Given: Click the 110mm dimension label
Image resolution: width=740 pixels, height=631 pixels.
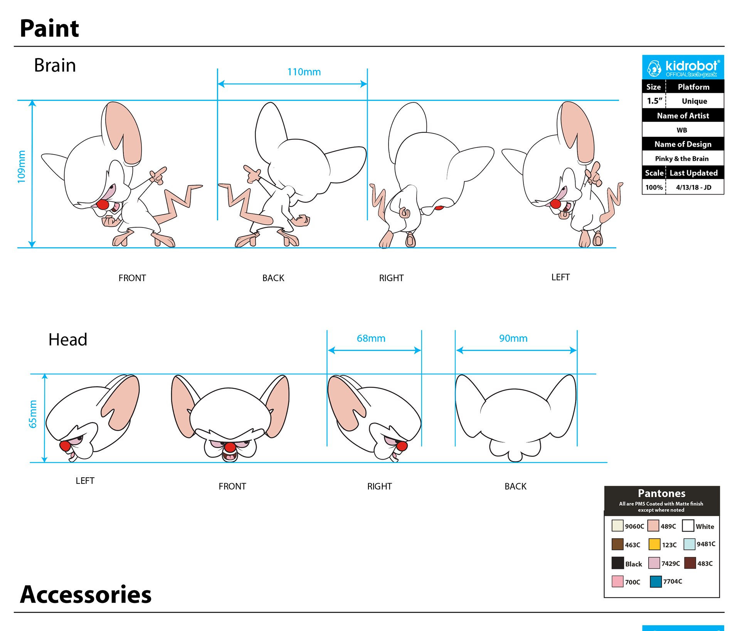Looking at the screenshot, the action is coord(304,72).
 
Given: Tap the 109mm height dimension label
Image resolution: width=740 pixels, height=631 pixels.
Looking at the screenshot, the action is coord(22,166).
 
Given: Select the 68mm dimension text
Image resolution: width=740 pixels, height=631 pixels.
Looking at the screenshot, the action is coord(371,338).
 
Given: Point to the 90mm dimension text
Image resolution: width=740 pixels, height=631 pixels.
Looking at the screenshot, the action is coord(513,338).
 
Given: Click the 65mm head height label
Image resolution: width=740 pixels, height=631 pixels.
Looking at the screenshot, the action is coord(33,414).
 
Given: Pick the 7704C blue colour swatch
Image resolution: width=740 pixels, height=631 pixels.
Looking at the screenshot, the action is coord(656,581).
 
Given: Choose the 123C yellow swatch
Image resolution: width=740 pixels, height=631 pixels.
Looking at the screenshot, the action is coord(654,544).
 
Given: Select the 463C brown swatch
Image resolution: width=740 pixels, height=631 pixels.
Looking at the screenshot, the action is coord(617,544).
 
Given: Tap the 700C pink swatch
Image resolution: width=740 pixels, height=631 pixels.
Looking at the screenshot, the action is coord(617,581).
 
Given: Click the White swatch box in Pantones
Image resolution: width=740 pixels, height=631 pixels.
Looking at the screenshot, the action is coord(688,526).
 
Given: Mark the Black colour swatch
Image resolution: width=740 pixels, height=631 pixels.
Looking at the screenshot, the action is coord(617,563).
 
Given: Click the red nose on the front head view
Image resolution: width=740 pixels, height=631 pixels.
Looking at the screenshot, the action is coord(230,447).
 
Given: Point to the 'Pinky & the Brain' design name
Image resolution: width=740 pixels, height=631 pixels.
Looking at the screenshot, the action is coord(682,159).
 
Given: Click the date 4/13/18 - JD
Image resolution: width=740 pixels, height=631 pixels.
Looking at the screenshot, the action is coord(694,187).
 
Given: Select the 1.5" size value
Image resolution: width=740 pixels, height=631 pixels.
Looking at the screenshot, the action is coord(654,101).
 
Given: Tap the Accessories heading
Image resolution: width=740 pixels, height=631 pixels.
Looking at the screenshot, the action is coord(86,594).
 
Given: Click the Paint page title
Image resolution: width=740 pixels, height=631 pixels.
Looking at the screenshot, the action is coord(49,29).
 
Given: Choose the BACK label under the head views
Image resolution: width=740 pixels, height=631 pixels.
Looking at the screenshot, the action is coord(515,486).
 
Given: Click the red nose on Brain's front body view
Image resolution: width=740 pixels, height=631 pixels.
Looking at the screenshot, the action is coord(103,204).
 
